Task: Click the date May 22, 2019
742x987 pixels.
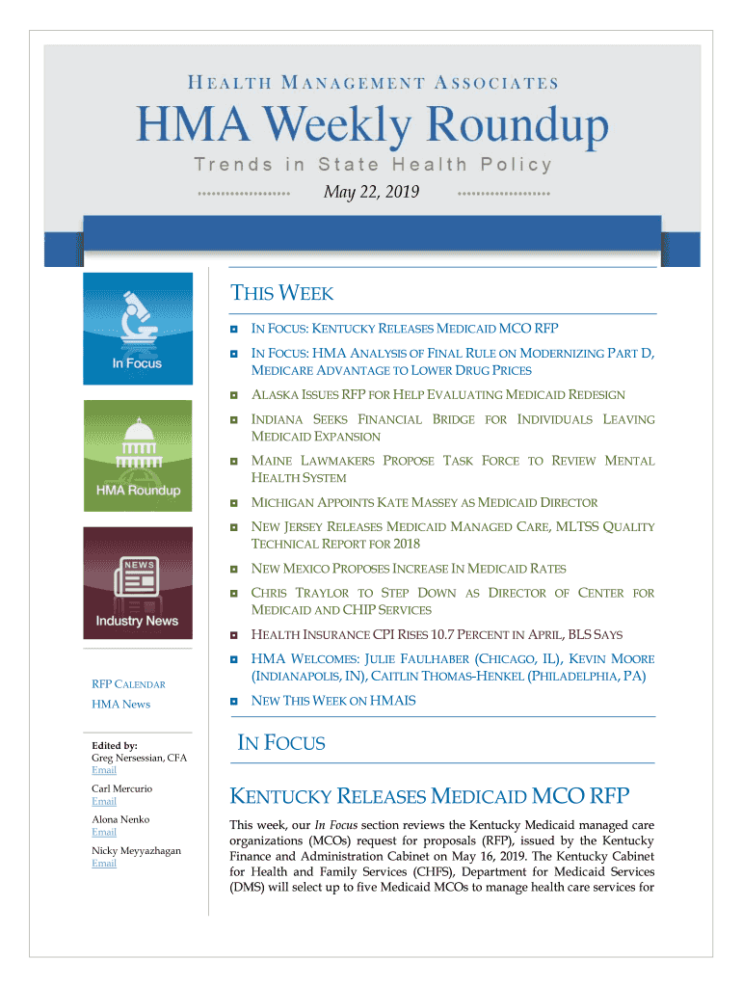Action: pos(371,193)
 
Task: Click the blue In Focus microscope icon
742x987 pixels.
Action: pos(137,329)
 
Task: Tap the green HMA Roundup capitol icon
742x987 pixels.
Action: pos(137,455)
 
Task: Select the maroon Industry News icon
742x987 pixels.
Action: pos(137,582)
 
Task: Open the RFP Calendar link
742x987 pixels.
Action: pos(128,684)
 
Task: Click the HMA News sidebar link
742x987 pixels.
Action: pos(120,705)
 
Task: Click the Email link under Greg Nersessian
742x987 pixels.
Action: pos(104,770)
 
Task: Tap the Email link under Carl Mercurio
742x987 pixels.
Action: pos(104,801)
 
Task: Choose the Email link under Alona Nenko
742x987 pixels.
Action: pos(104,832)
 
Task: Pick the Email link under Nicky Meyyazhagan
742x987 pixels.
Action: pos(104,863)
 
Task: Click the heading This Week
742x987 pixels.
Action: pos(282,294)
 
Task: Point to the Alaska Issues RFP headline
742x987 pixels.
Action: pos(437,395)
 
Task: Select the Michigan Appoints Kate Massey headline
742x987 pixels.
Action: pos(424,503)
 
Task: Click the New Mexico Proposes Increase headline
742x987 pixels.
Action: pos(409,569)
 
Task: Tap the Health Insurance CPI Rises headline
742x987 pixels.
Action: pos(437,635)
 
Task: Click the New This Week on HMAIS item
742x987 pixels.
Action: pos(333,701)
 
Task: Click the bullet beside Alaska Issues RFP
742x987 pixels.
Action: pos(234,395)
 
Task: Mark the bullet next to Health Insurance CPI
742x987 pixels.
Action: pos(234,635)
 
